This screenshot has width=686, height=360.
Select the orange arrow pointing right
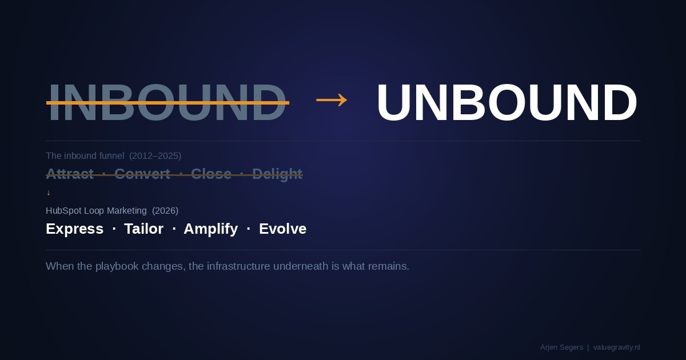(332, 101)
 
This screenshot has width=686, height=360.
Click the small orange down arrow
(49, 193)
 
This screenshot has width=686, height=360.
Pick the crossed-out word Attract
(70, 174)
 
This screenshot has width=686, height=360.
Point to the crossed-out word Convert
(142, 174)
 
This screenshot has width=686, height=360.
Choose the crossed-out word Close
(211, 174)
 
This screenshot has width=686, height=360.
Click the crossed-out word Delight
(277, 174)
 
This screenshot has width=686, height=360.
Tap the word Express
(74, 229)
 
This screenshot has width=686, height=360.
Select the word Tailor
(143, 229)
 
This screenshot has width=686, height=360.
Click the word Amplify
(210, 229)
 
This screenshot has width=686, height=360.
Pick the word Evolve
(282, 229)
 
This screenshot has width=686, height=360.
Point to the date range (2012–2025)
(155, 156)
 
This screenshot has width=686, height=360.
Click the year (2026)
(165, 211)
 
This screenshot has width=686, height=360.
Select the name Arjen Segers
(561, 347)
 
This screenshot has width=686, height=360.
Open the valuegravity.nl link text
(616, 347)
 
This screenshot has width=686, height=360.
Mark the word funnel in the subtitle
(111, 156)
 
